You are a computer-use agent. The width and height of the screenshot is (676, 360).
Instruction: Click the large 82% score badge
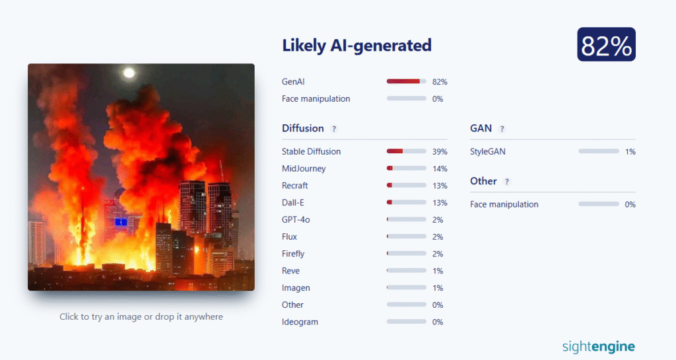click(x=606, y=44)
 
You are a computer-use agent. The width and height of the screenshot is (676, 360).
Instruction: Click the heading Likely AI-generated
click(x=356, y=46)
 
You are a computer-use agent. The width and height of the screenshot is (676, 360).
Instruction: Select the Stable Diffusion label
click(x=312, y=151)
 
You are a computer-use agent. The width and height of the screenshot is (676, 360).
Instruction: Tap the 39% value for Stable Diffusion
click(x=440, y=152)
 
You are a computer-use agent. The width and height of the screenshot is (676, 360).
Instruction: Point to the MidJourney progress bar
click(x=406, y=168)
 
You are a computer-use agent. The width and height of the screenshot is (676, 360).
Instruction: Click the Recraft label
click(x=295, y=186)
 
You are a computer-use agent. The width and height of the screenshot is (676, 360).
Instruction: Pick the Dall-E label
click(x=292, y=203)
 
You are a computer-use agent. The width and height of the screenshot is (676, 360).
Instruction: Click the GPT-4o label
click(x=296, y=219)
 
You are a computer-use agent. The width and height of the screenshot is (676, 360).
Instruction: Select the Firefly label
click(x=293, y=254)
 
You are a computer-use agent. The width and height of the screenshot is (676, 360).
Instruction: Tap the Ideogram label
click(x=300, y=322)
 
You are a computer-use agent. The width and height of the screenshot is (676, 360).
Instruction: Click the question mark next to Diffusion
click(x=333, y=129)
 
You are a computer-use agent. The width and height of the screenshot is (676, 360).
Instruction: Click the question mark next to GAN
click(x=502, y=129)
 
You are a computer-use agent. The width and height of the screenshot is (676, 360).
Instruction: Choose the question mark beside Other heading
click(x=506, y=182)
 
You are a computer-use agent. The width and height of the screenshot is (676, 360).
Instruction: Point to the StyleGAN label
click(x=488, y=151)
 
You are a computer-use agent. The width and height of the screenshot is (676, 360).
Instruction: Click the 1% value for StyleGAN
click(x=630, y=152)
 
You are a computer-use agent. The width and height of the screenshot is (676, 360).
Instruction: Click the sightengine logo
click(x=598, y=347)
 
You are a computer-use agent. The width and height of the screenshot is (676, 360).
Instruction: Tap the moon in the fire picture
click(x=129, y=73)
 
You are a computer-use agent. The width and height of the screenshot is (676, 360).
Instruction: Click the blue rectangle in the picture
click(x=121, y=222)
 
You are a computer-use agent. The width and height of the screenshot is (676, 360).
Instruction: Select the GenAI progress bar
click(x=406, y=81)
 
